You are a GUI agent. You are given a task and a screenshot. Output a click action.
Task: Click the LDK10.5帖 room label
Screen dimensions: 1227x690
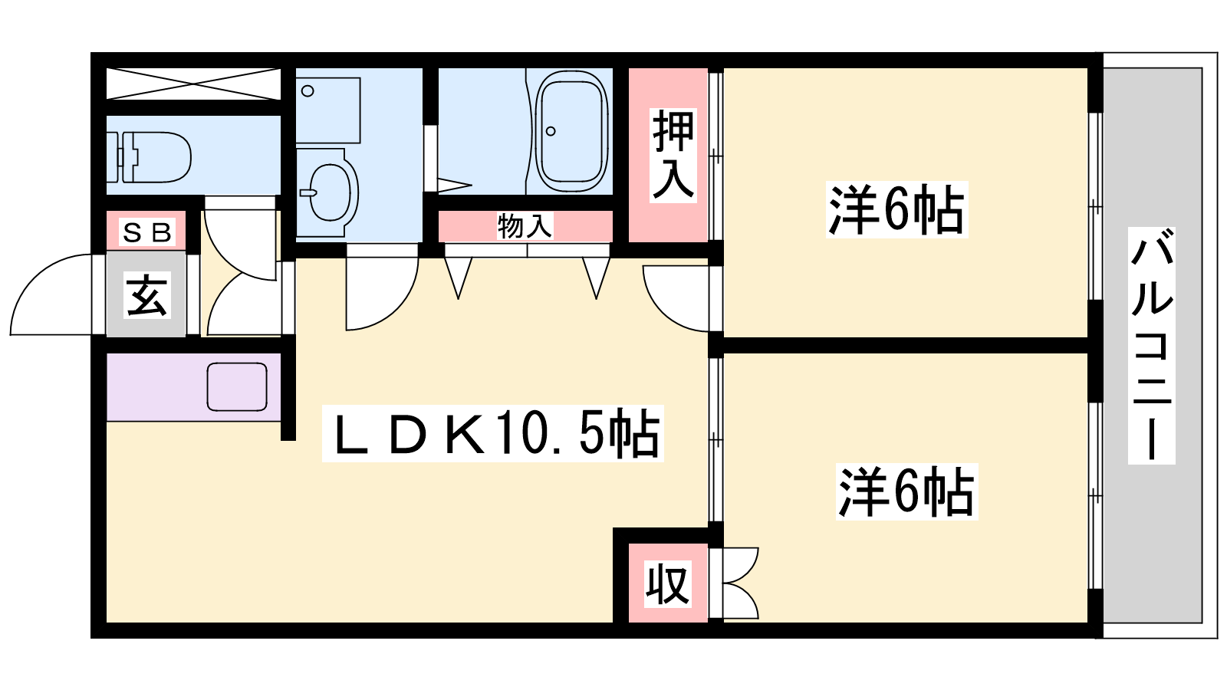[x=492, y=433]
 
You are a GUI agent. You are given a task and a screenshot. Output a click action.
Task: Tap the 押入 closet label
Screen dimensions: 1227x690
[x=673, y=156]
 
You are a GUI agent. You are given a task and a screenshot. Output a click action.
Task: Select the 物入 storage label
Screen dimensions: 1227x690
[x=525, y=226]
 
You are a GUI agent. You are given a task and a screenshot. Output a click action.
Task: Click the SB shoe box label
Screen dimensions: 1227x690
[x=147, y=233]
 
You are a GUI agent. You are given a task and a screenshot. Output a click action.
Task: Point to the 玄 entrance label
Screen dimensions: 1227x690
[x=146, y=295]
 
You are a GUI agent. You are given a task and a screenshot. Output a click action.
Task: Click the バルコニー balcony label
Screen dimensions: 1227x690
[x=1151, y=346]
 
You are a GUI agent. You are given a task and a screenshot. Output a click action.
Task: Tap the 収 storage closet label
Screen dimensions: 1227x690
[x=667, y=583]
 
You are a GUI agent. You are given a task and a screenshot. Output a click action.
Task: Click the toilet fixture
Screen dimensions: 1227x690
[x=149, y=157]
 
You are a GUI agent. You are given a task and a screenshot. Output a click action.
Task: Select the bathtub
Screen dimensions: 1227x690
[x=571, y=131]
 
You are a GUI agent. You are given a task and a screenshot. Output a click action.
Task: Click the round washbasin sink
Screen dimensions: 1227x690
[x=330, y=192]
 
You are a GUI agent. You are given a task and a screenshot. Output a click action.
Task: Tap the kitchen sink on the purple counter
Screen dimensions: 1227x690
[x=237, y=386]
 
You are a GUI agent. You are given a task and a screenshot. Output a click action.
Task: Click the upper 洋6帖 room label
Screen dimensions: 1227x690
[x=896, y=210]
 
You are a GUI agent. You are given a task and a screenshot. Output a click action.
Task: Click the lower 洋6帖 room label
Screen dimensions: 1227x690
[x=906, y=491]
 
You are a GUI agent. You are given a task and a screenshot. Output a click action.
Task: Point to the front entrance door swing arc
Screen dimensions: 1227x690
[x=38, y=274]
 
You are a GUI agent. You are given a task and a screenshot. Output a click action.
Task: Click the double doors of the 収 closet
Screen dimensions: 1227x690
[x=741, y=583]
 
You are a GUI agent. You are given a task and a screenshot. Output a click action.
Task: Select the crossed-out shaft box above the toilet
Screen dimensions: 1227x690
[x=192, y=84]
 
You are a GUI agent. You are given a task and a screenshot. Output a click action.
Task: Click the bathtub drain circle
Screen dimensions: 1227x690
[x=551, y=131]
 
